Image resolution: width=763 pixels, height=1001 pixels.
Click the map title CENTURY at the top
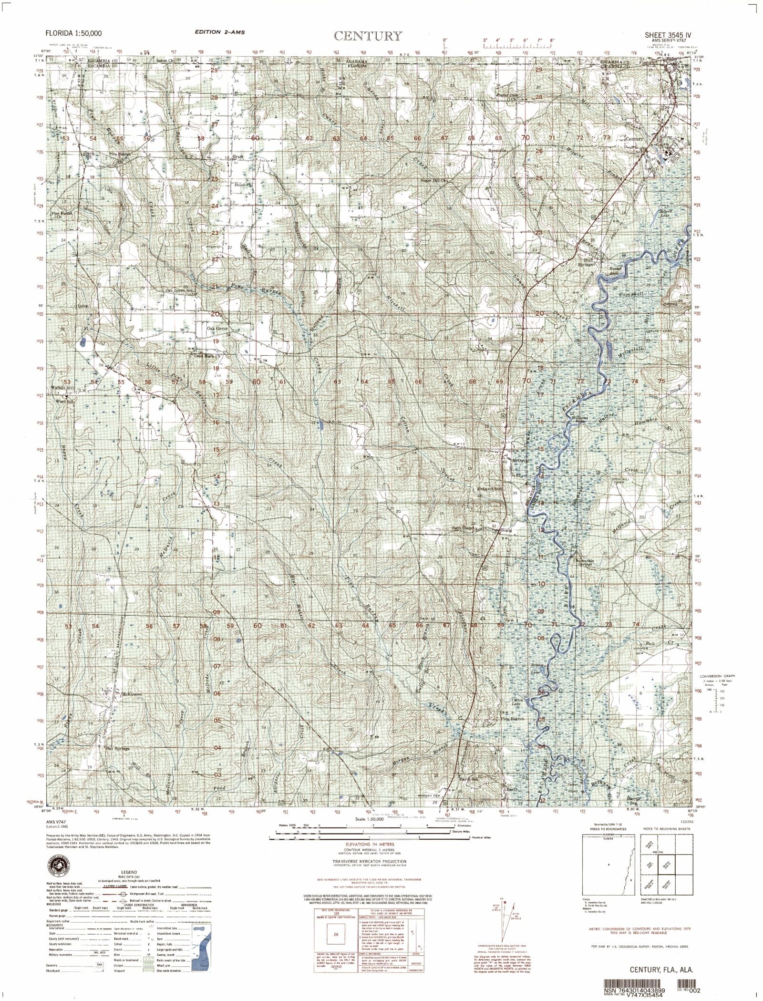tap(368, 36)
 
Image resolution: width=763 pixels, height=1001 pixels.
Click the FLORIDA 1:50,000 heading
tap(73, 33)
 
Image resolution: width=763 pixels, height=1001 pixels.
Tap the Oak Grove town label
tap(217, 329)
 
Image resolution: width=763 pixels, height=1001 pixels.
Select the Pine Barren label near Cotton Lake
tap(512, 719)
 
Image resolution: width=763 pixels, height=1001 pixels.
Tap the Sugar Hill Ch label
tap(435, 181)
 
